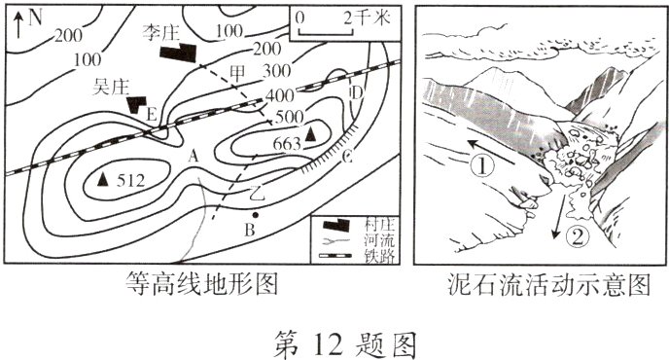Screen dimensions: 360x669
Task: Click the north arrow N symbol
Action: (x=29, y=17)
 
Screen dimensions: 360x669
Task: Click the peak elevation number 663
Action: (x=287, y=144)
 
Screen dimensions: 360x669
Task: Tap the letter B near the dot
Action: (x=250, y=230)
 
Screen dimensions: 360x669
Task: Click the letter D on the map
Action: (x=356, y=93)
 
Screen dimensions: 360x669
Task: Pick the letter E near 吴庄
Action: (x=151, y=114)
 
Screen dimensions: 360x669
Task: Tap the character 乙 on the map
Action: (x=256, y=189)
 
